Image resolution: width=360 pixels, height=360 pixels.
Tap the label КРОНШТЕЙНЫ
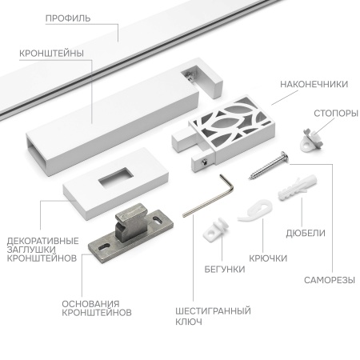[x=53, y=54]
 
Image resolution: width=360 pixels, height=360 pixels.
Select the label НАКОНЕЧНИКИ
[x=314, y=83]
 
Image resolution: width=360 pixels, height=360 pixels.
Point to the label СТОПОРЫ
[x=335, y=113]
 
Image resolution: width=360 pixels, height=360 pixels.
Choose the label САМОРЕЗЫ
[x=328, y=281]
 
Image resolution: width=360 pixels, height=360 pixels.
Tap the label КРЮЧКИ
[x=268, y=258]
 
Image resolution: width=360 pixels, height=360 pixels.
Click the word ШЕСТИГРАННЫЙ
[x=213, y=310]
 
